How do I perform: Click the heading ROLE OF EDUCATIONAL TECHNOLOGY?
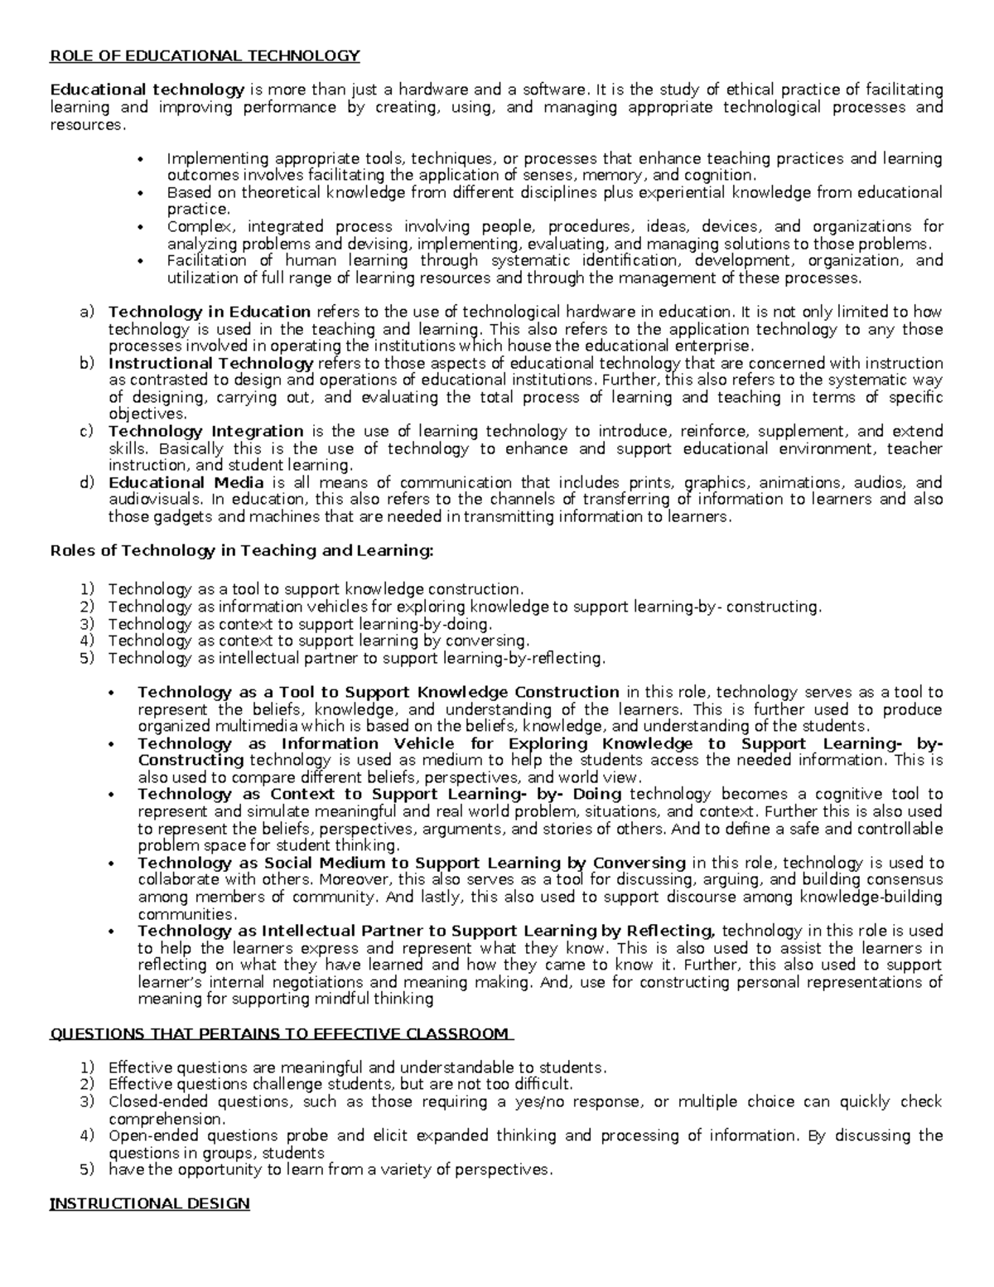205,56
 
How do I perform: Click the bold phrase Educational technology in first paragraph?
147,90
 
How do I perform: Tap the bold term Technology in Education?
210,312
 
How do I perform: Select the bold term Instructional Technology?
210,363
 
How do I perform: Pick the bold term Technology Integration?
206,431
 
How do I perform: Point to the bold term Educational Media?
186,482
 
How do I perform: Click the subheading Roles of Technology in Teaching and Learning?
242,551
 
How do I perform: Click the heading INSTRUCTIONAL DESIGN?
150,1203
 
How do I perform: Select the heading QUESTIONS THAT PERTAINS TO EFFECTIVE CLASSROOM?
280,1033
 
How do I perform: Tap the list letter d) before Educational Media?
87,482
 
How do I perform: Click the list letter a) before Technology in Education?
87,312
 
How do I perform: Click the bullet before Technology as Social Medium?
111,864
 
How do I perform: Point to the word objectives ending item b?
147,414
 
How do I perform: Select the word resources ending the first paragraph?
89,124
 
